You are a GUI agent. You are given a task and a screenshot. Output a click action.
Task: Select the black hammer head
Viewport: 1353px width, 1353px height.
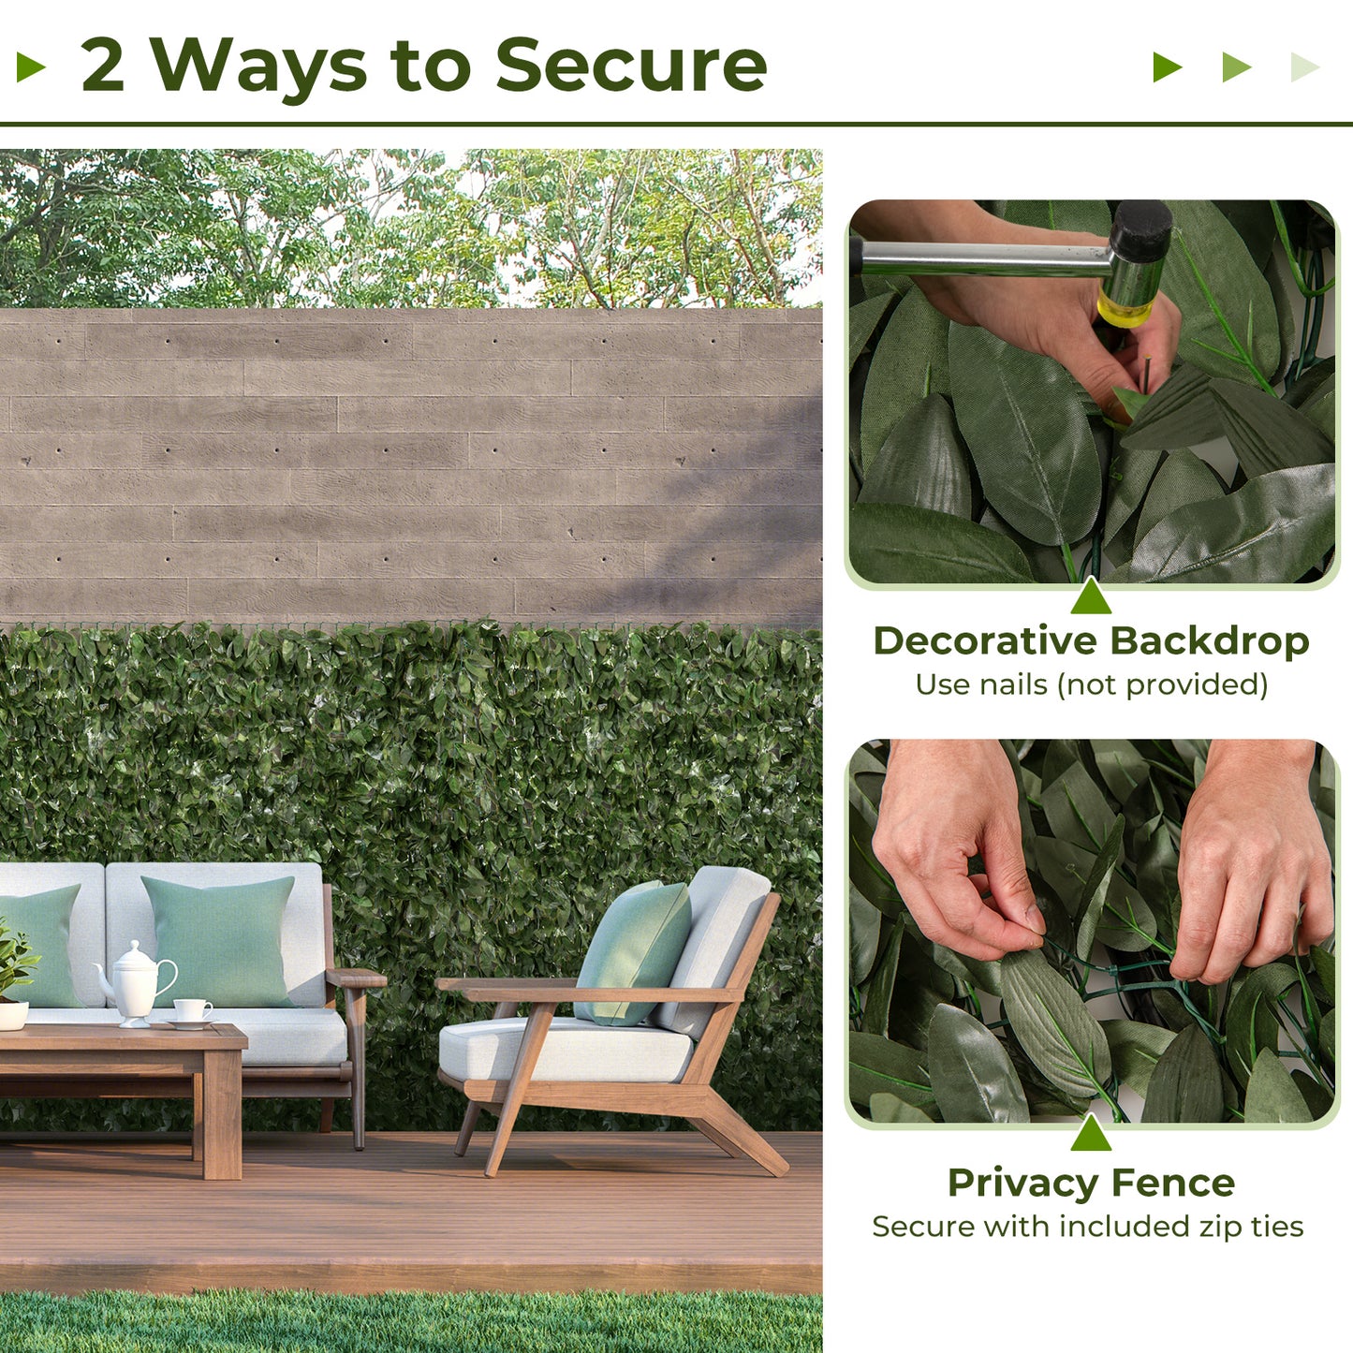coord(1140,232)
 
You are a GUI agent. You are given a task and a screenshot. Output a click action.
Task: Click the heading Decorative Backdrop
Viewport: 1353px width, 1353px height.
coord(1091,641)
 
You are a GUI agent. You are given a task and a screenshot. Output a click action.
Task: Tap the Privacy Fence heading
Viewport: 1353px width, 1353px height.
coord(1091,1183)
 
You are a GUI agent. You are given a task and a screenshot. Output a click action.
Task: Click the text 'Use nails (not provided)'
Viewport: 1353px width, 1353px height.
coord(1091,684)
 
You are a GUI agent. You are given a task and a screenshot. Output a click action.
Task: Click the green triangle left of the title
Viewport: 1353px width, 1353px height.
coord(31,67)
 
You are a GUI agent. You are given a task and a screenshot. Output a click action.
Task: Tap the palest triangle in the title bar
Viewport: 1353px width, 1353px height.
coord(1304,67)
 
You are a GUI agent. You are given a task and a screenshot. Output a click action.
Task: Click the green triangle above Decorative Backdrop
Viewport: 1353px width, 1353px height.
coord(1091,598)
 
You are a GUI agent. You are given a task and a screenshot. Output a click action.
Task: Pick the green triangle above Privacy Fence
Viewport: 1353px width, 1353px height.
coord(1091,1134)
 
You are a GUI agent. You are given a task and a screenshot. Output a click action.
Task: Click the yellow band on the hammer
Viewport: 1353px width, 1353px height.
coord(1124,309)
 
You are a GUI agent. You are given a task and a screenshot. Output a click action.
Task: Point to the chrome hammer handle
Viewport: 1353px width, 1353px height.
coord(983,257)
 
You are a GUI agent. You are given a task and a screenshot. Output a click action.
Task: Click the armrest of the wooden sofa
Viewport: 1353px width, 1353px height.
coord(356,978)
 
